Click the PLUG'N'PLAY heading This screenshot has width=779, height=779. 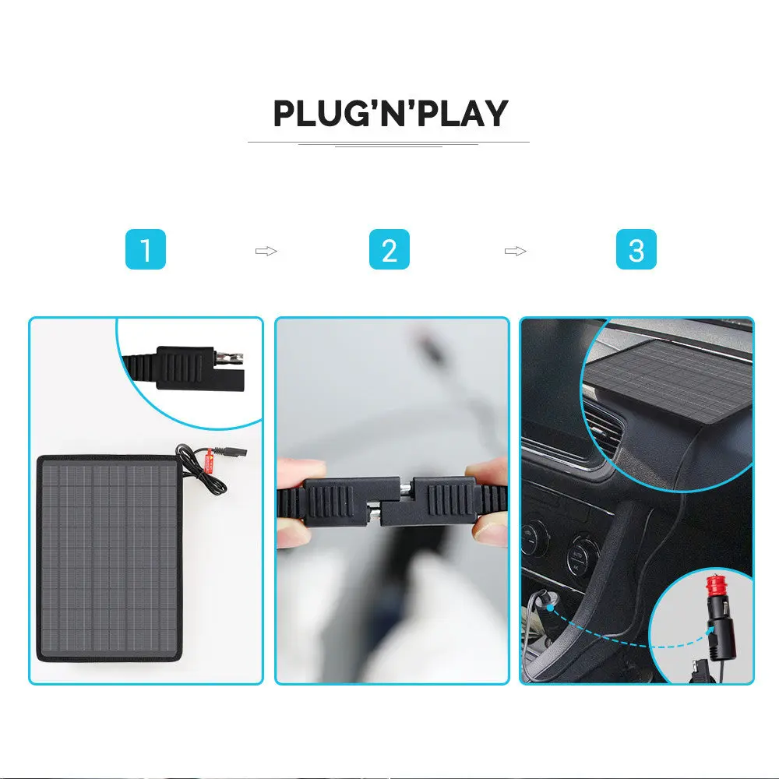[x=390, y=114]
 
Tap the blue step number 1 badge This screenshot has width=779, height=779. [x=145, y=250]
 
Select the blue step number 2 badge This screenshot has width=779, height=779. [x=389, y=250]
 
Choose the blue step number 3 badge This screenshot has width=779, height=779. [x=636, y=250]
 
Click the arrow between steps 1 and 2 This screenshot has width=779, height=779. [x=266, y=251]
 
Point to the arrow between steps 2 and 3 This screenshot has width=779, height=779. [x=515, y=251]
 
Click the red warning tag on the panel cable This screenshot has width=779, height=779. [x=210, y=463]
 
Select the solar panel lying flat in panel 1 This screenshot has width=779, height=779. [x=109, y=557]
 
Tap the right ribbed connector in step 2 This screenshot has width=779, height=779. [x=443, y=499]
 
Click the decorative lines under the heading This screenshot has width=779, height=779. [x=389, y=143]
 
